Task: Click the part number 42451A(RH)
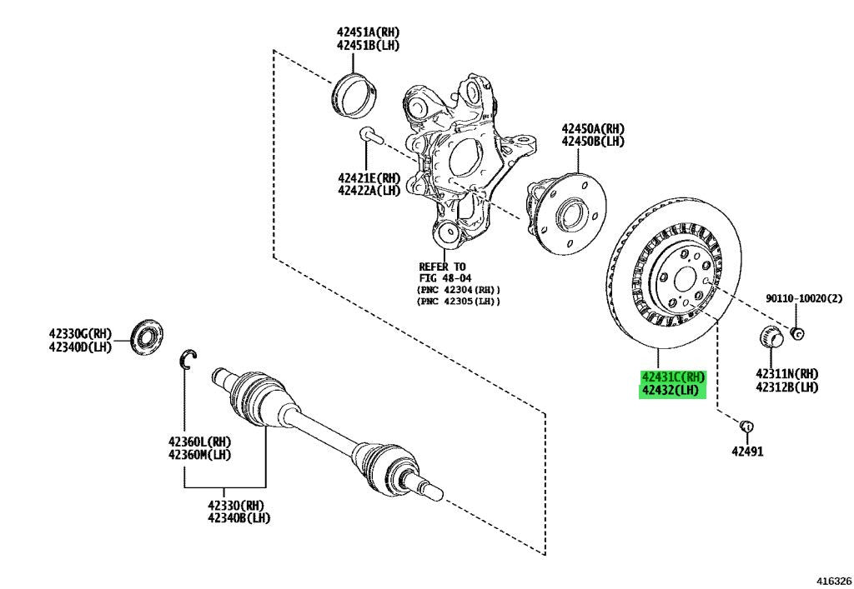tap(368, 32)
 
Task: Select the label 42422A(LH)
tap(369, 190)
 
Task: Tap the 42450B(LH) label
tap(593, 142)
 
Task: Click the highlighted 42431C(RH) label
tap(673, 377)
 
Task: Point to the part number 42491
tap(747, 452)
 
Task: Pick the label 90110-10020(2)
tap(804, 298)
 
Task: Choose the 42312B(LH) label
tap(787, 387)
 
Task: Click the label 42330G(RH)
tap(80, 333)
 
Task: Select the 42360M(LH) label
tap(199, 454)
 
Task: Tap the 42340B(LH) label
tap(239, 518)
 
